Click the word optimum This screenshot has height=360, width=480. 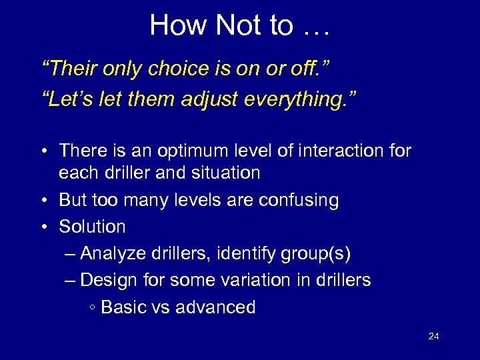[x=191, y=151]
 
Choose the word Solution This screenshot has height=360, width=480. [x=92, y=227]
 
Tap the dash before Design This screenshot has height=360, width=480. [x=71, y=280]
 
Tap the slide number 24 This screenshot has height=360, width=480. [x=433, y=336]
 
